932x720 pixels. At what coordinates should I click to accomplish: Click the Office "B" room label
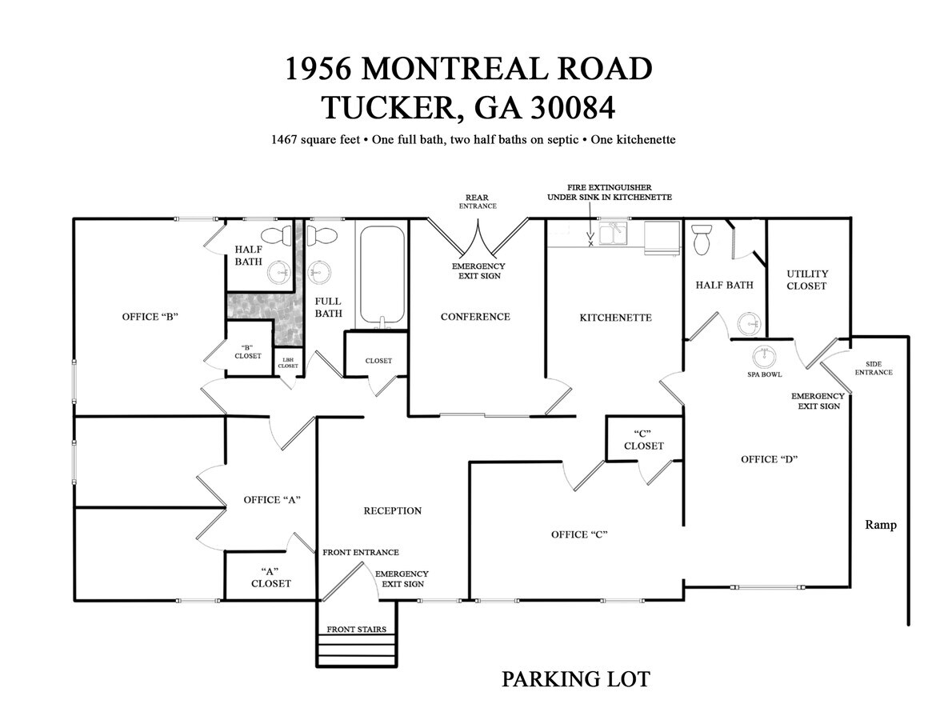[150, 317]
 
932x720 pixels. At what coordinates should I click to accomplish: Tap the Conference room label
[475, 317]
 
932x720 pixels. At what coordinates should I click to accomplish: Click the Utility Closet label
[806, 280]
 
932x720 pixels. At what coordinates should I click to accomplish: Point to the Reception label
[392, 510]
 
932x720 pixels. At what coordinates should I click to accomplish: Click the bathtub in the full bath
[382, 276]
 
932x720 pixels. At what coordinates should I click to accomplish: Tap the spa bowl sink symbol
[765, 355]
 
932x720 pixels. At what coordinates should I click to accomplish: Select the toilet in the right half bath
[702, 239]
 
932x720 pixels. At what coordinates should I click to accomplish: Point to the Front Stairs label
[357, 629]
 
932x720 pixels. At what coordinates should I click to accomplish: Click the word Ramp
[881, 525]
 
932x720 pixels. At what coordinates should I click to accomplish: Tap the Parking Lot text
[575, 679]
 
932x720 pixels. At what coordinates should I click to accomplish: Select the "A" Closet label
[271, 577]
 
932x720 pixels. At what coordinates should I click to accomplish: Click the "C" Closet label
[644, 439]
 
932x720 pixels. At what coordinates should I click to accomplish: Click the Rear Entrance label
[478, 201]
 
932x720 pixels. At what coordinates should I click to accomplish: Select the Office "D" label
[770, 459]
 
